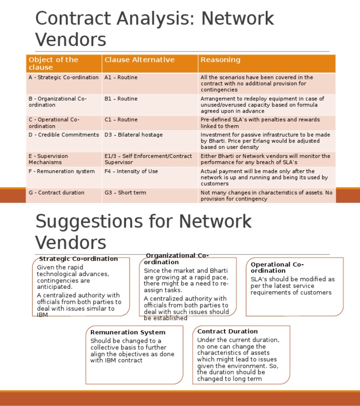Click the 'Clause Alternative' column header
point(139,60)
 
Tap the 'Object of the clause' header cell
point(53,63)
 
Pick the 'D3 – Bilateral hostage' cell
point(134,135)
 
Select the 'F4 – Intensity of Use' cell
point(131,172)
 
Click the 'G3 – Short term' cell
point(125,193)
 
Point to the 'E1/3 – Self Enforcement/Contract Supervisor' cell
point(148,159)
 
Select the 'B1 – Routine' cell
point(121,99)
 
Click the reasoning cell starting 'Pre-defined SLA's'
point(260,123)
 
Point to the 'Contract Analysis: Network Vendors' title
point(155,29)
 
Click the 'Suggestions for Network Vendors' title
point(143,232)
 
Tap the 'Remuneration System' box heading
point(127,332)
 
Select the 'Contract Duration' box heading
point(227,331)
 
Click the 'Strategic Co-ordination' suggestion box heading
point(78,259)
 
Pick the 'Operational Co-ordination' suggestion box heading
point(277,268)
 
